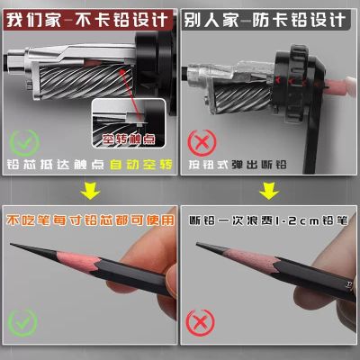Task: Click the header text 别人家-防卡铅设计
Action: point(270,17)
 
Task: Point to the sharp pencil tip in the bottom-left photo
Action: point(14,249)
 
